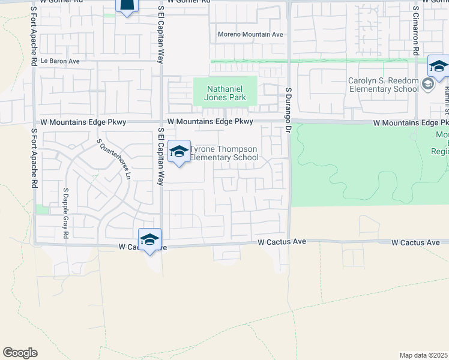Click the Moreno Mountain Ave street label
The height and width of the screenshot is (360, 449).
(x=250, y=34)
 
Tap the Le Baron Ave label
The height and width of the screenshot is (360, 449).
(x=60, y=61)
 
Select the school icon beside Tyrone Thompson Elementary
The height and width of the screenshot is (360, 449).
(x=178, y=152)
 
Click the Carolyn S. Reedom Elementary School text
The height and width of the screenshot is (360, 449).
(x=384, y=85)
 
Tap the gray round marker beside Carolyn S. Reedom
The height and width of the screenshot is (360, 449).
(x=427, y=85)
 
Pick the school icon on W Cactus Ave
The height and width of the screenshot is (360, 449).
(x=149, y=239)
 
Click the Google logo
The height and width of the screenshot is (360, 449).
(x=20, y=353)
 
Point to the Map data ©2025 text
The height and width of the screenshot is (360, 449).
(x=423, y=355)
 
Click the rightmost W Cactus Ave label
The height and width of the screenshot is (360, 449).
(x=416, y=242)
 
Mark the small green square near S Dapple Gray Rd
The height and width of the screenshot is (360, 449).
(x=41, y=209)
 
